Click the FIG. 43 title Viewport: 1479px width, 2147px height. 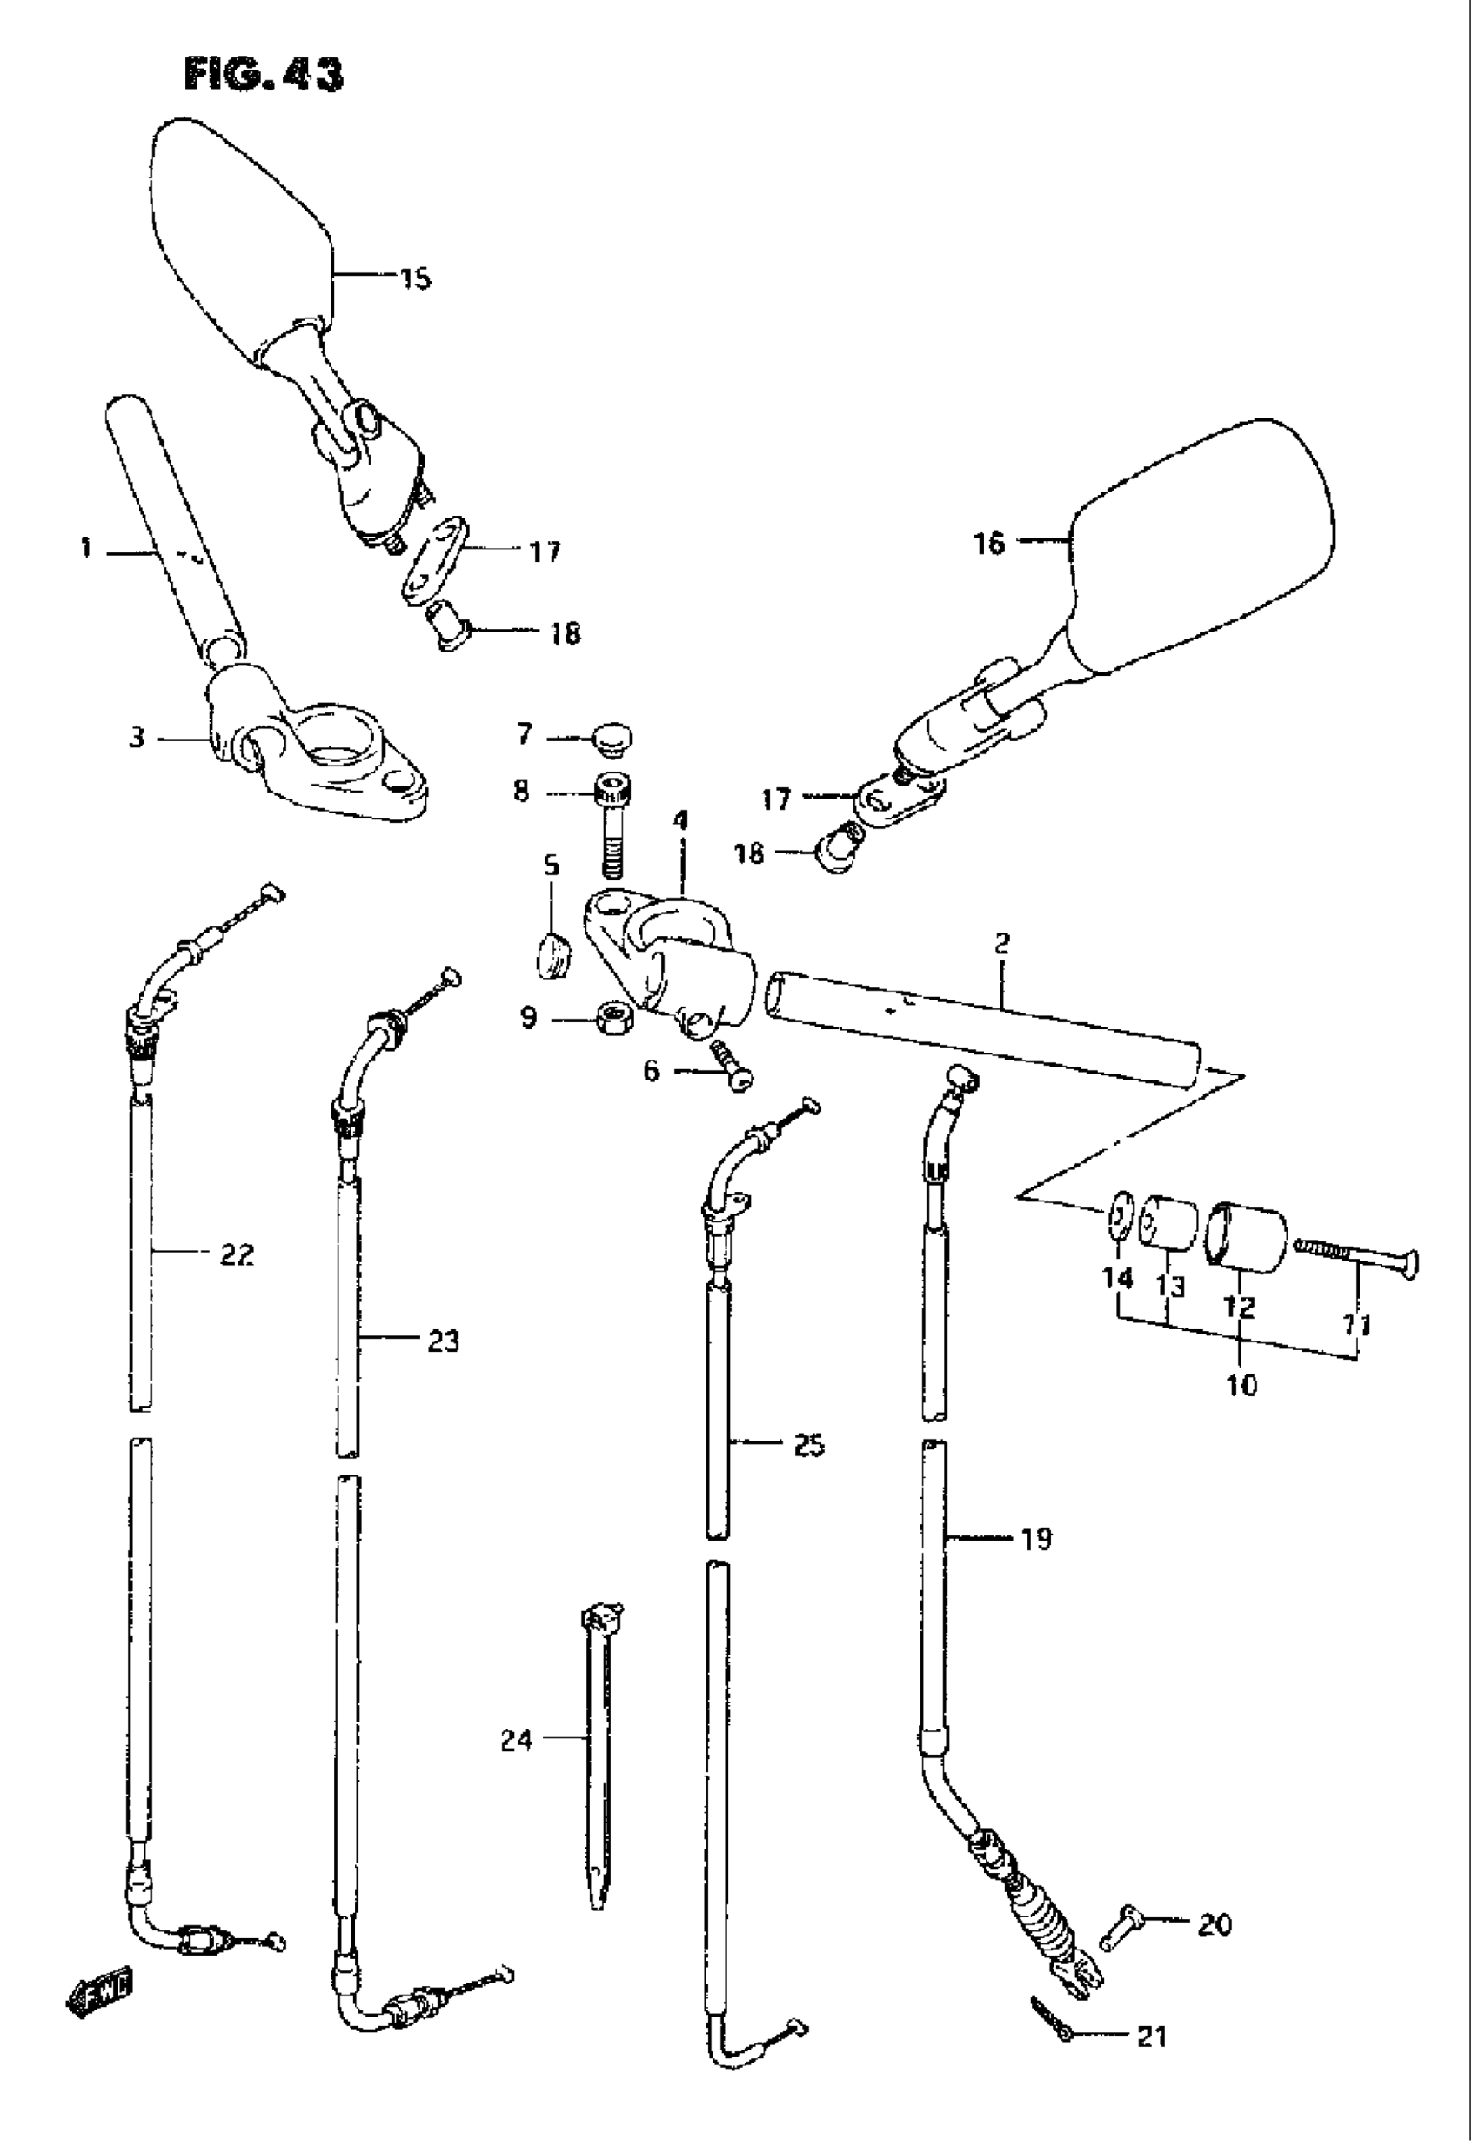264,74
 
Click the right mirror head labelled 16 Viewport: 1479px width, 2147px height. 1205,546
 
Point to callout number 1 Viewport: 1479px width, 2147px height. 86,549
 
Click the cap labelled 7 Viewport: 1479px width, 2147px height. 612,739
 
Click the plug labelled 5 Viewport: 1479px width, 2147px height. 552,953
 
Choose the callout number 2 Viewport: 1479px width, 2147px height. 1001,945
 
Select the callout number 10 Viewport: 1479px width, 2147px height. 1241,1385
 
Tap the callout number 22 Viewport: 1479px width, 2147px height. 237,1254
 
